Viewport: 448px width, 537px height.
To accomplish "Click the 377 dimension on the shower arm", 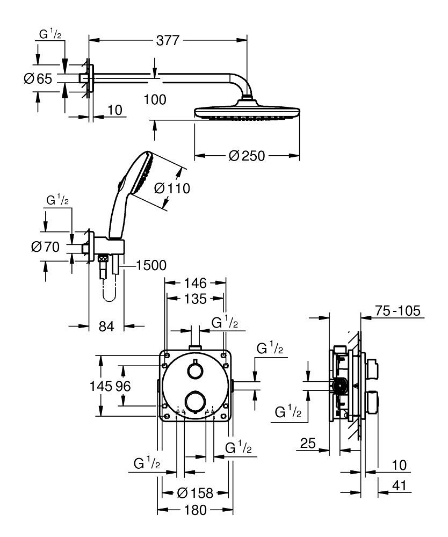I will click(168, 40).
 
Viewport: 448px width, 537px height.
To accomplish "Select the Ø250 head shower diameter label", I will click(247, 156).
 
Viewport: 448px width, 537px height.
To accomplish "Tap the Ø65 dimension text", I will click(38, 79).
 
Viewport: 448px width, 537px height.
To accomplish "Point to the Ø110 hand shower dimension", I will click(172, 188).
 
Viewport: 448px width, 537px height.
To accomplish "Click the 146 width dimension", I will click(195, 282).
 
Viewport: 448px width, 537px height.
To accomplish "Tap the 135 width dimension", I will click(195, 299).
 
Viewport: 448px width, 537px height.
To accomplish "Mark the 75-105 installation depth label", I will click(397, 311).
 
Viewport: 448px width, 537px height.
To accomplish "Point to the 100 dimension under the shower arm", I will click(155, 99).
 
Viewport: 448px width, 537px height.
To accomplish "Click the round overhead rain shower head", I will click(247, 112).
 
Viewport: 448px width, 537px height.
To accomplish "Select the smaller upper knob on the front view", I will click(195, 371).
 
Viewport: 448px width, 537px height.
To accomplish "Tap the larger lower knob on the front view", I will click(195, 401).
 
